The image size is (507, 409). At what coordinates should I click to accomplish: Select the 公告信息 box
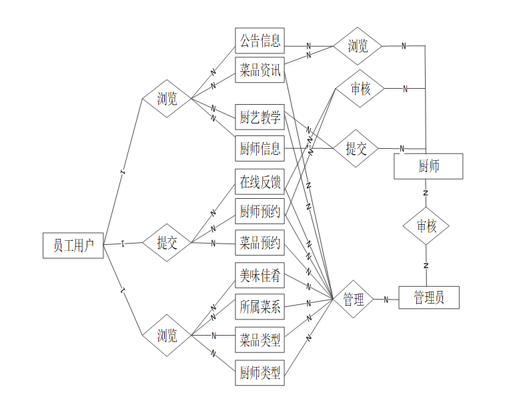(260, 40)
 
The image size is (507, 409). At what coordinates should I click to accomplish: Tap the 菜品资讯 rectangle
(260, 70)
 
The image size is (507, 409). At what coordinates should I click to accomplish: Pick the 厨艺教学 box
(260, 118)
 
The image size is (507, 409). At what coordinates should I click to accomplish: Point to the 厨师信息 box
(260, 148)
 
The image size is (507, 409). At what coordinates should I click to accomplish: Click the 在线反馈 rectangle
(260, 181)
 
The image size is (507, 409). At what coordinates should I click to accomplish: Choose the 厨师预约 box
(260, 212)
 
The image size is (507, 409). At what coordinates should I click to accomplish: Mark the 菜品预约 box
(260, 242)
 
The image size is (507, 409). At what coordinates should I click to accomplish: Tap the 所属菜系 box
(260, 307)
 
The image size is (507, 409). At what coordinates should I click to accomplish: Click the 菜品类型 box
(260, 340)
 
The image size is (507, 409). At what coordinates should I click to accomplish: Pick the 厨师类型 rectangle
(260, 372)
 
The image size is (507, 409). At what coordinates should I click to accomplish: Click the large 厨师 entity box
(428, 166)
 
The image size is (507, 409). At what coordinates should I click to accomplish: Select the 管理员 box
(428, 298)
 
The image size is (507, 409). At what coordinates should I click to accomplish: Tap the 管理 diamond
(354, 300)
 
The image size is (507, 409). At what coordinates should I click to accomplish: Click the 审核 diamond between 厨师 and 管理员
(426, 226)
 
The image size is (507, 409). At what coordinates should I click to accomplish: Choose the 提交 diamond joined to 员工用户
(167, 243)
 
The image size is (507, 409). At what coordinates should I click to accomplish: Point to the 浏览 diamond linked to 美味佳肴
(167, 335)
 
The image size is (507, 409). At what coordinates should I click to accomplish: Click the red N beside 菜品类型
(213, 335)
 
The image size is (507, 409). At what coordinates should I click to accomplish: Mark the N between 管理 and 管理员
(386, 300)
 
